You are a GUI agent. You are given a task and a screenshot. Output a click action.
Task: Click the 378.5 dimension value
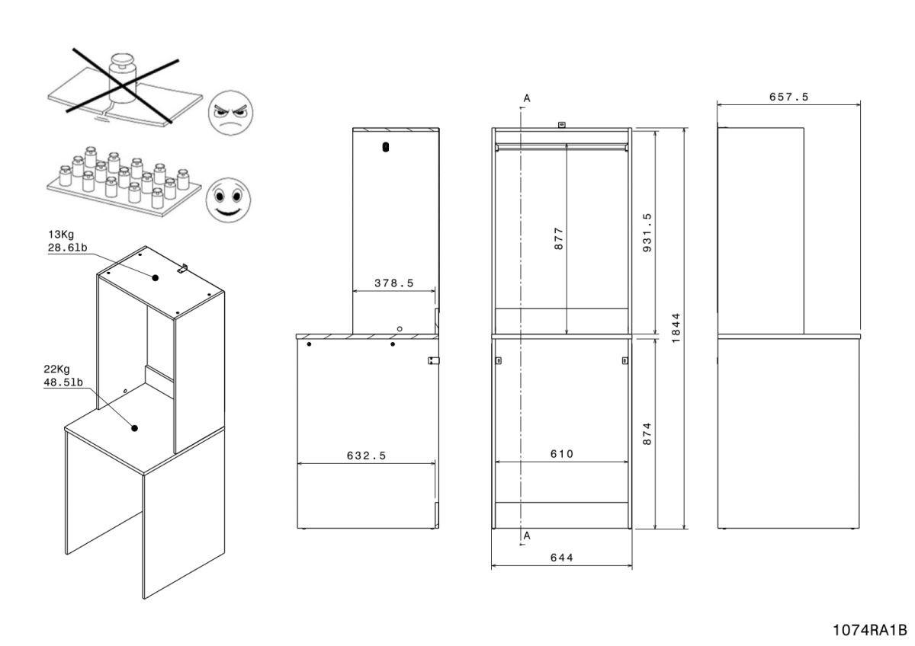tap(393, 283)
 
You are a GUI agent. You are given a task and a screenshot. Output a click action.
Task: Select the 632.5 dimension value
tap(365, 456)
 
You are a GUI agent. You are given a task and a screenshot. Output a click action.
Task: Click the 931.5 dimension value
tap(647, 232)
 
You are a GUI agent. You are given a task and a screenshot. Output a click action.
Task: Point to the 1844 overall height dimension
tap(676, 328)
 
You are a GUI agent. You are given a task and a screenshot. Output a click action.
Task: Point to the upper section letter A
tap(526, 98)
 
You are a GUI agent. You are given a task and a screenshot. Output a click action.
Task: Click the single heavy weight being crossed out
tap(121, 74)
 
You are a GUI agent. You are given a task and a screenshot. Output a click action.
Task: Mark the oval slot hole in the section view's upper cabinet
tap(386, 146)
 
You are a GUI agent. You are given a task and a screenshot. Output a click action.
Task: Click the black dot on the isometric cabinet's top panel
tap(155, 278)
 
